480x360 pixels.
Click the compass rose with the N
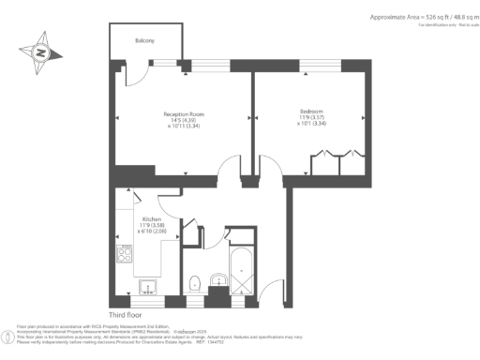[40, 52]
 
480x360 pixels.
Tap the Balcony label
[143, 42]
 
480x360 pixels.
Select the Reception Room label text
[184, 114]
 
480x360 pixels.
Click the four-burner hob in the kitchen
[124, 253]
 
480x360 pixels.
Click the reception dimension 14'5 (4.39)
[184, 123]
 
